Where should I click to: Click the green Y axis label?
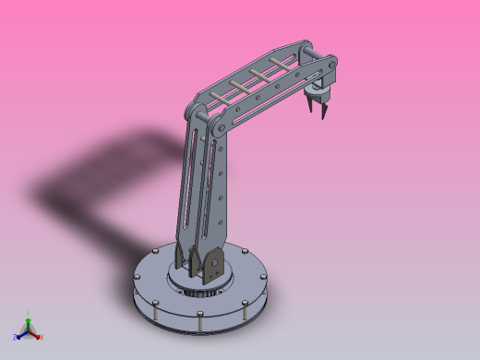(x=29, y=314)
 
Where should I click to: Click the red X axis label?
(x=42, y=337)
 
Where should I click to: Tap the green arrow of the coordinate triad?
(x=29, y=322)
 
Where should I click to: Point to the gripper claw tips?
(x=316, y=114)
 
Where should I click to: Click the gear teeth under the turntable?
(x=198, y=293)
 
